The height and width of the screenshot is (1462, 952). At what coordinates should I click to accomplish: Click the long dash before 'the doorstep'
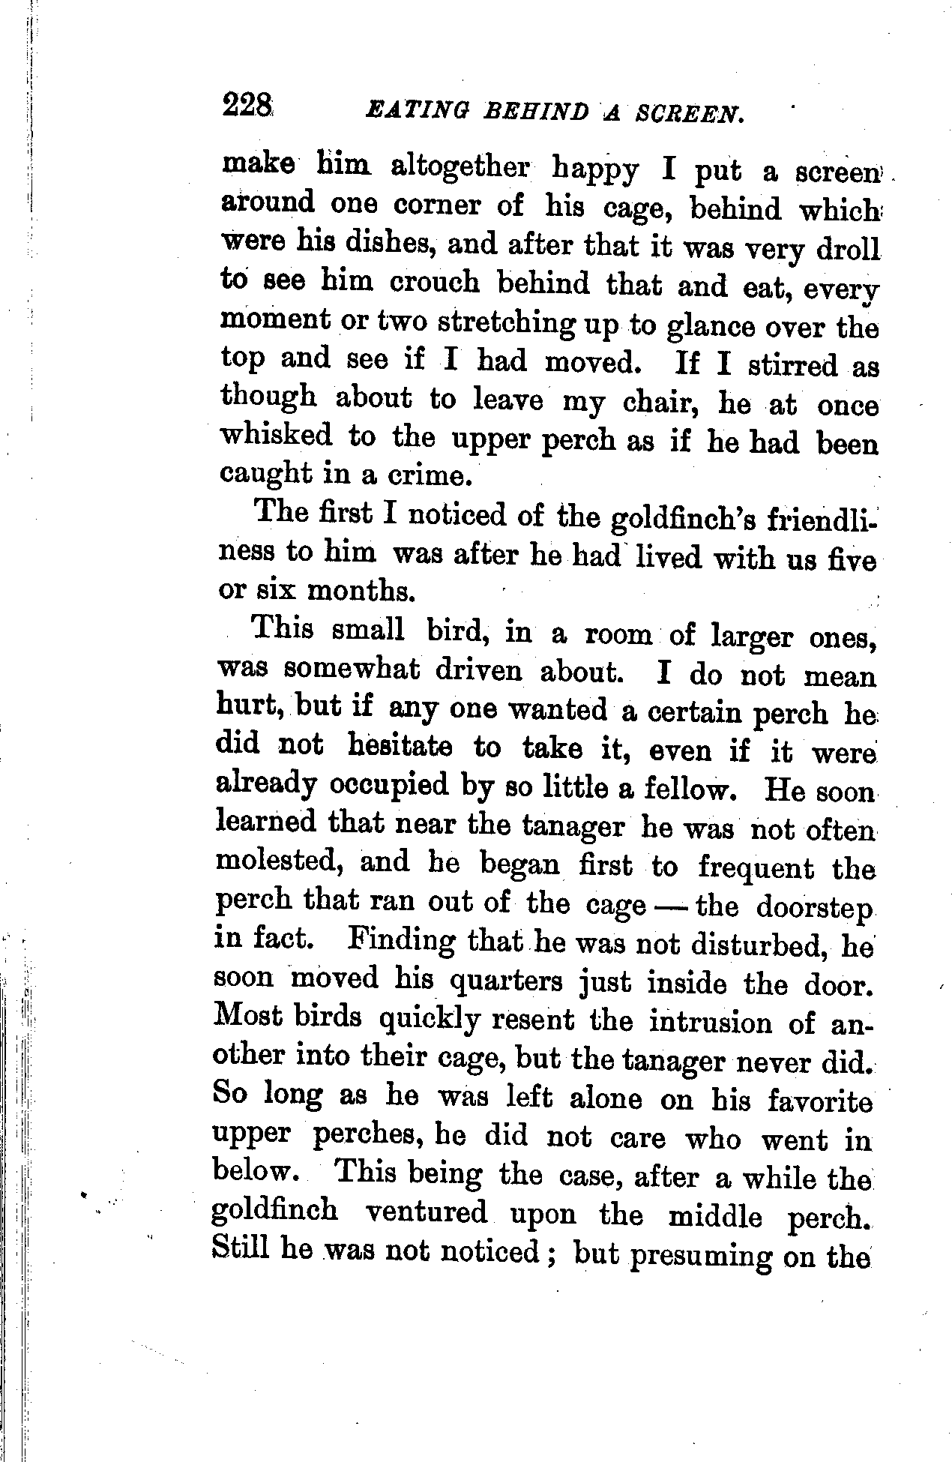669,905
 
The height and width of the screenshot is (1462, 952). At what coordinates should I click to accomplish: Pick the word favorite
820,1101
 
